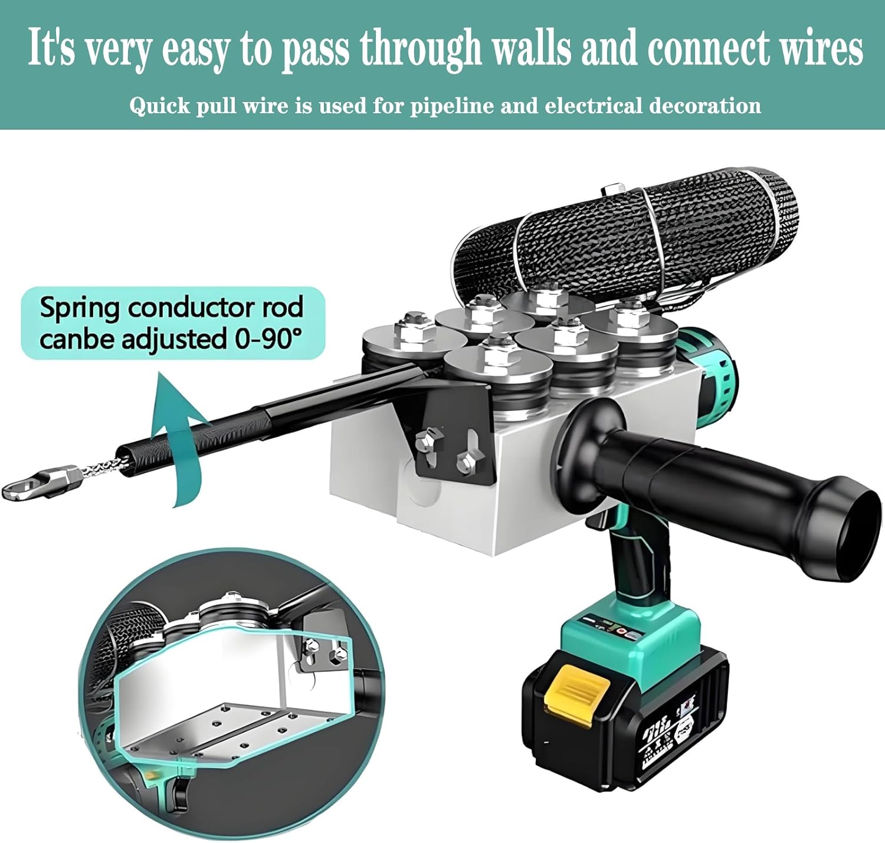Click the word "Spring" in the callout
(79, 309)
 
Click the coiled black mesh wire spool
(625, 239)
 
